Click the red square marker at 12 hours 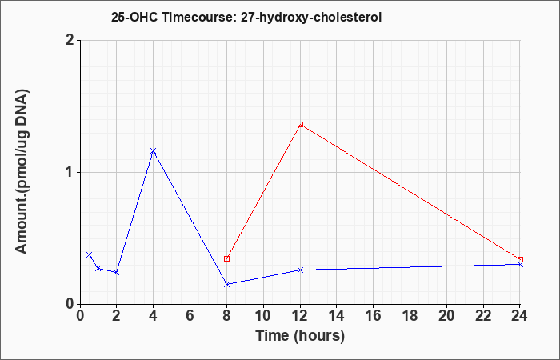point(300,124)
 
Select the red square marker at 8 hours point(226,258)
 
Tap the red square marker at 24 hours point(520,260)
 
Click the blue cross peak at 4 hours point(154,150)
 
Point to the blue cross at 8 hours point(226,284)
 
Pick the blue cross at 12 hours point(300,270)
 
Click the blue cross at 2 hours point(117,273)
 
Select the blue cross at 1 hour point(98,268)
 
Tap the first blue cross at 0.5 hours point(90,254)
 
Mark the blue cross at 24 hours point(520,264)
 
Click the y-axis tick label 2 point(70,40)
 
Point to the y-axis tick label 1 point(70,173)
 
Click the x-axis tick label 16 point(374,316)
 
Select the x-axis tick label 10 point(263,316)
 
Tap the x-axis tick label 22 point(483,316)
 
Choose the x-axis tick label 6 point(190,316)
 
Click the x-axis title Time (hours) point(300,336)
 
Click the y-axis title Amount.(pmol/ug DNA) point(22,172)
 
